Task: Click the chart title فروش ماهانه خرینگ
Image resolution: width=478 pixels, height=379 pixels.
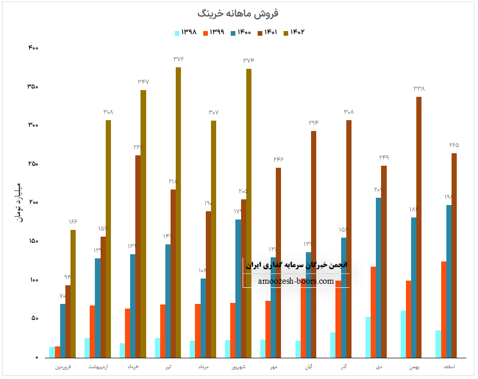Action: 239,13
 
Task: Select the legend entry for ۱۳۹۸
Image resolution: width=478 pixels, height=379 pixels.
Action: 186,33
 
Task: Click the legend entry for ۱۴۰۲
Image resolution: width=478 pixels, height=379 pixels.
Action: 293,33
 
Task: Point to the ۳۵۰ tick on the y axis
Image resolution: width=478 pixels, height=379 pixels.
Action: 33,86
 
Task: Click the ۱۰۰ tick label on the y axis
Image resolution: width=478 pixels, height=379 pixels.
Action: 33,280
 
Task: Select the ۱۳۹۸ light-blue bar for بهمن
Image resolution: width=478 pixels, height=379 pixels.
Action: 403,334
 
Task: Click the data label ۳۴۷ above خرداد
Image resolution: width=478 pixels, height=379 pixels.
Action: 143,82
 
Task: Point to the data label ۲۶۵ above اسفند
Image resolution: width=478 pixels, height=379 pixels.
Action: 454,145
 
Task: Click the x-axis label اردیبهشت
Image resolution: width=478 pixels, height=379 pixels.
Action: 99,367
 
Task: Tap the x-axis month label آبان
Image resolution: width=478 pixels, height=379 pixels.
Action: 309,367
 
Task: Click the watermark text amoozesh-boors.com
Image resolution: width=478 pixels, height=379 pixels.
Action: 296,281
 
